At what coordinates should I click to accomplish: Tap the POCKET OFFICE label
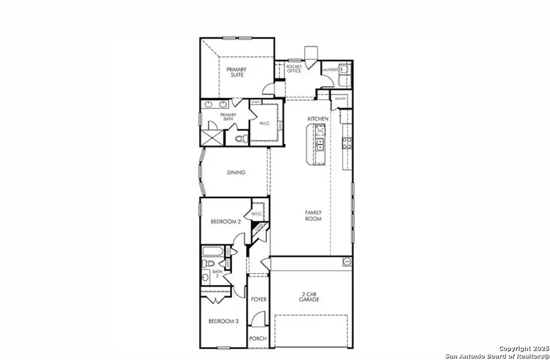click(293, 70)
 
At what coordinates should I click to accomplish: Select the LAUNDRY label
click(330, 70)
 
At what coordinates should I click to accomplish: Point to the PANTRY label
click(341, 98)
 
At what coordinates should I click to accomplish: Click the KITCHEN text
click(317, 119)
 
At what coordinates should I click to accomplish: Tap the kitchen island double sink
click(320, 143)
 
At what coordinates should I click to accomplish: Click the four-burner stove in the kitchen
click(346, 142)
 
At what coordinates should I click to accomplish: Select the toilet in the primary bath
click(241, 139)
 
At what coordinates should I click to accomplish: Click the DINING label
click(236, 173)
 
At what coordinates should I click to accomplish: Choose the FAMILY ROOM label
click(313, 215)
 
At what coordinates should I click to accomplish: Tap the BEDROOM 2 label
click(226, 222)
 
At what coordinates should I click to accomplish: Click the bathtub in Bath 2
click(213, 251)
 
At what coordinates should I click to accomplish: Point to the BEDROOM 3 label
click(224, 322)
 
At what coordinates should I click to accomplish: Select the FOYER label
click(259, 299)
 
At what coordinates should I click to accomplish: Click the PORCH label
click(258, 338)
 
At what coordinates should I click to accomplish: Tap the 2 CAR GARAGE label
click(309, 296)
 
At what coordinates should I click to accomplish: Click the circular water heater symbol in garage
click(346, 262)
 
